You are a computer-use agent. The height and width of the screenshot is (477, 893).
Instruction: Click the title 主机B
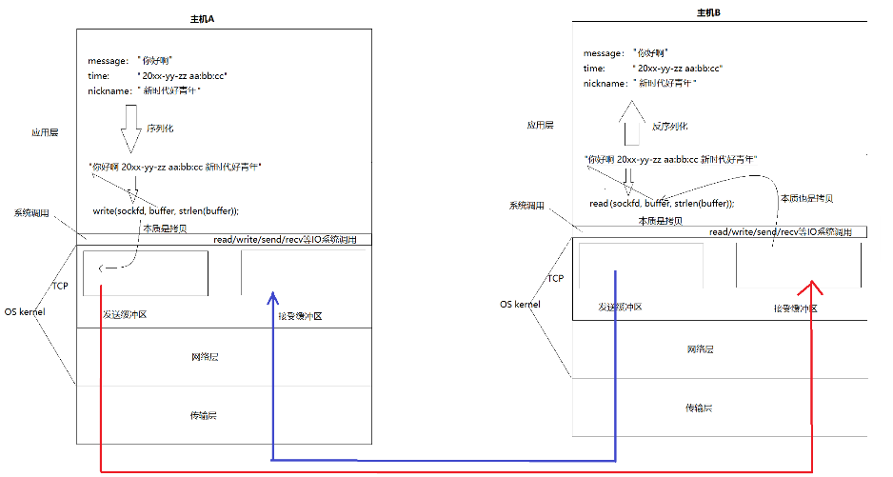[710, 13]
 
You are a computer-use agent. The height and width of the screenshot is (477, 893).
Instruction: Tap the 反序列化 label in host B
[669, 126]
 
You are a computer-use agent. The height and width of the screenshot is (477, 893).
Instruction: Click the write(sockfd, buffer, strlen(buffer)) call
[166, 210]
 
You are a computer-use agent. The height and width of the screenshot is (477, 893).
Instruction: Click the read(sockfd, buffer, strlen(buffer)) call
[662, 203]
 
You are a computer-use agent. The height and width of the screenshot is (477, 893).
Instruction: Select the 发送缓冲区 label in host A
[125, 314]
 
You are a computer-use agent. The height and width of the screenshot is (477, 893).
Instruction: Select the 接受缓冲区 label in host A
[298, 315]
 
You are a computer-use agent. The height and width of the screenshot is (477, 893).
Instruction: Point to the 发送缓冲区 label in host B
[619, 308]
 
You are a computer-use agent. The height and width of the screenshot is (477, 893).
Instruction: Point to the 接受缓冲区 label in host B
[795, 308]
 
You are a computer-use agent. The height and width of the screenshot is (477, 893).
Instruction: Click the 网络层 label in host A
[205, 357]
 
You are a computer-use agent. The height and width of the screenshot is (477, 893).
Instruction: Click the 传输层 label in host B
[699, 407]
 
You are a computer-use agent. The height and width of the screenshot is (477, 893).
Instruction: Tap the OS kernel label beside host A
[27, 311]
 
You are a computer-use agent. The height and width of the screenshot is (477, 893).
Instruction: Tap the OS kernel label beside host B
[521, 305]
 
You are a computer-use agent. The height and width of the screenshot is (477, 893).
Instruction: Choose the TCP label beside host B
[556, 279]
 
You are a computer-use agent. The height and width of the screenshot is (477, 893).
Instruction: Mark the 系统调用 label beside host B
[526, 206]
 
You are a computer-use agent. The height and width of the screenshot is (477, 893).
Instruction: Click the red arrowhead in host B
[812, 286]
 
